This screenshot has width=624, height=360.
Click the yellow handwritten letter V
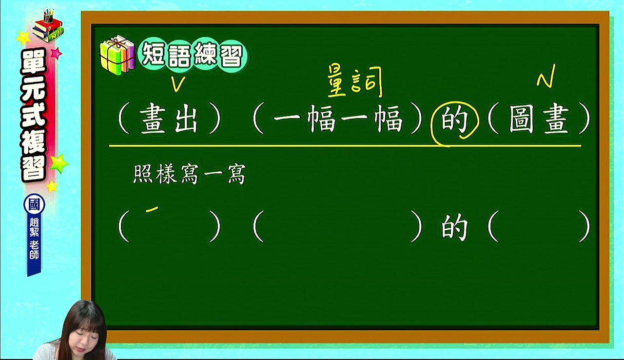coord(178,83)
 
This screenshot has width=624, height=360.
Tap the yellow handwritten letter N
coord(546,76)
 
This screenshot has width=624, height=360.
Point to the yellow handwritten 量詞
coord(354,81)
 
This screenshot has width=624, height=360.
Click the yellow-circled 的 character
coord(454,120)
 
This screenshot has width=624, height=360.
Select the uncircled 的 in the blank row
coord(454,228)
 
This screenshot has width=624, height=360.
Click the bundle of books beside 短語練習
coord(117,55)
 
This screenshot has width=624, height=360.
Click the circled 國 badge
coord(34,204)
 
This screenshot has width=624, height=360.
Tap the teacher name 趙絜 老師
coord(34,238)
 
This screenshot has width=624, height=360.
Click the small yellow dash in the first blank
coord(152,209)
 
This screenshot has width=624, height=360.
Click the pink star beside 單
coord(56,53)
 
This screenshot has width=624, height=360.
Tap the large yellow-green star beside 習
coord(59,163)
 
